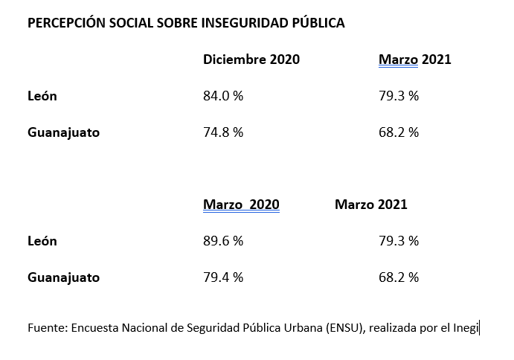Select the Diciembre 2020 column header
pos(251,60)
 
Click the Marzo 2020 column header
pos(241,205)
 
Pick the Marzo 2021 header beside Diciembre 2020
pos(414,60)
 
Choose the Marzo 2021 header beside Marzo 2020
pos(371,205)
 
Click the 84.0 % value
pos(223,96)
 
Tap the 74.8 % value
pos(223,132)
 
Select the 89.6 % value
pos(223,241)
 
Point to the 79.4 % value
pos(223,277)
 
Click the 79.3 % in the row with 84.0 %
pos(399,96)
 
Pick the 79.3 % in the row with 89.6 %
pos(399,241)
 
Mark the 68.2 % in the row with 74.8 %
pos(399,132)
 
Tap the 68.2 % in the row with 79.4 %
pos(399,277)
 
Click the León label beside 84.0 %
pos(42,96)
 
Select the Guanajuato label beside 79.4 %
pos(63,277)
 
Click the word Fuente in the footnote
pos(46,327)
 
